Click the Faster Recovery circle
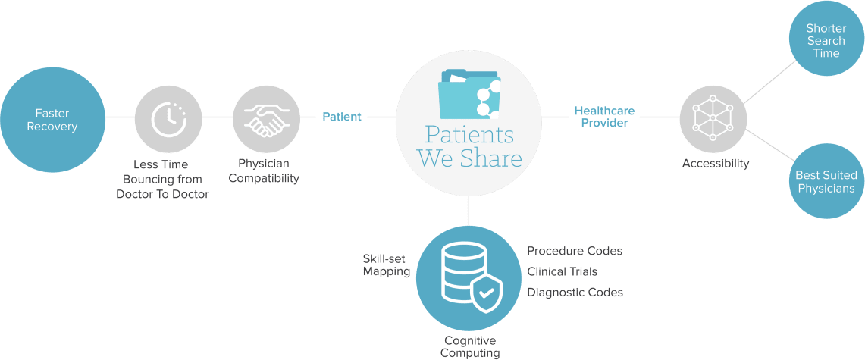coord(52,120)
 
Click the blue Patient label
coord(342,117)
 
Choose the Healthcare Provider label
coord(604,117)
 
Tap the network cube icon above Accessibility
coord(713,118)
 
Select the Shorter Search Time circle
coord(826,40)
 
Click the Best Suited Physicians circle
coord(825,182)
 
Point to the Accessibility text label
coord(716,163)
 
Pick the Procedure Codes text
coord(575,251)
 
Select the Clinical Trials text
coord(562,271)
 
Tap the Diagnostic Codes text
coord(575,292)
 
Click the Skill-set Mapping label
coord(386,265)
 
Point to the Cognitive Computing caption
coord(472,346)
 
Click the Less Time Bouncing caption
coord(162,179)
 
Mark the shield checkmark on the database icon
coord(486,293)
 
